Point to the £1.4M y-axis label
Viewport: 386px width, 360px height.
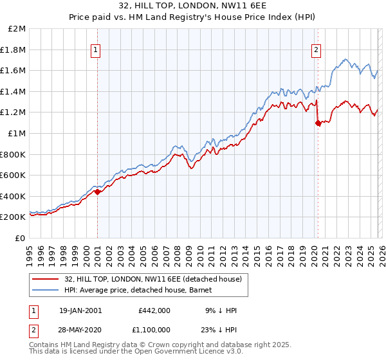(x=15, y=91)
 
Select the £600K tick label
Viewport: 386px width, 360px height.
(x=14, y=175)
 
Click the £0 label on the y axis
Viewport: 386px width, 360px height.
(x=21, y=238)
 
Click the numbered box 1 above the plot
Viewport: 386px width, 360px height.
(x=96, y=50)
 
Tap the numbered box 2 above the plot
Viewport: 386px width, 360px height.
(x=317, y=50)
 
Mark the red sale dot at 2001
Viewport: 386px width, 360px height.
(x=97, y=192)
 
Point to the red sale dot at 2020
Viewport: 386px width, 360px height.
(x=318, y=123)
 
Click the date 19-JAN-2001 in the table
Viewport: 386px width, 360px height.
(x=80, y=310)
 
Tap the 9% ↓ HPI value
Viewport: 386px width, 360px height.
(x=222, y=310)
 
